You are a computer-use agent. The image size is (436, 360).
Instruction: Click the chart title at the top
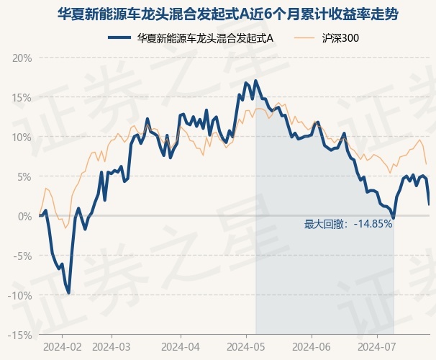coord(228,14)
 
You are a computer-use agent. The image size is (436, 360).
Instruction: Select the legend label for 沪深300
coord(340,38)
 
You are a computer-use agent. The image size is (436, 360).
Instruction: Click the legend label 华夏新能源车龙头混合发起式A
coord(205,38)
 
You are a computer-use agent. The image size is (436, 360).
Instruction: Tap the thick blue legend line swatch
coord(119,38)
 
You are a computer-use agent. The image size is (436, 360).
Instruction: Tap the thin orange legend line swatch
coord(304,38)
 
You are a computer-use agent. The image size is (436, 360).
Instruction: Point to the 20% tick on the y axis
coord(22,58)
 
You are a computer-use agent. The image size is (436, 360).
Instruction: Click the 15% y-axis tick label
coord(22,98)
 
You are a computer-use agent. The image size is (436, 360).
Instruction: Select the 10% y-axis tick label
coord(22,138)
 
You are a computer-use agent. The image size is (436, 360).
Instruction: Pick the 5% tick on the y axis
coord(24,177)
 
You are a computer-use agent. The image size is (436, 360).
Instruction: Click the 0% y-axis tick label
coord(25,217)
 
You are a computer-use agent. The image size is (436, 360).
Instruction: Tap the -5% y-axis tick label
coord(22,256)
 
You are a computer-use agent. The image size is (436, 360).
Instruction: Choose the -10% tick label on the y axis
coord(20,295)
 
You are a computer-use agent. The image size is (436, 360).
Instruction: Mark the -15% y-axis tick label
coord(20,336)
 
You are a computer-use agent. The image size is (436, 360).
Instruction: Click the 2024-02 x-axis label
coord(63,347)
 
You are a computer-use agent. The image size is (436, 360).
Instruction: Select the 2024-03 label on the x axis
coord(112,347)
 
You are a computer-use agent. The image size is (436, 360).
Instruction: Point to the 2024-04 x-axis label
coord(181,347)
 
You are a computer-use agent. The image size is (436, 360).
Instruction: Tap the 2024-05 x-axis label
coord(246,347)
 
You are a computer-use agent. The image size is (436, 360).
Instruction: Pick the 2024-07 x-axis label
coord(377,347)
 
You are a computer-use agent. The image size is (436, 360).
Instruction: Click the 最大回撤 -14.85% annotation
coord(348,224)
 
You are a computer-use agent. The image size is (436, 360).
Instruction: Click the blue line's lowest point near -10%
coord(68,292)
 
